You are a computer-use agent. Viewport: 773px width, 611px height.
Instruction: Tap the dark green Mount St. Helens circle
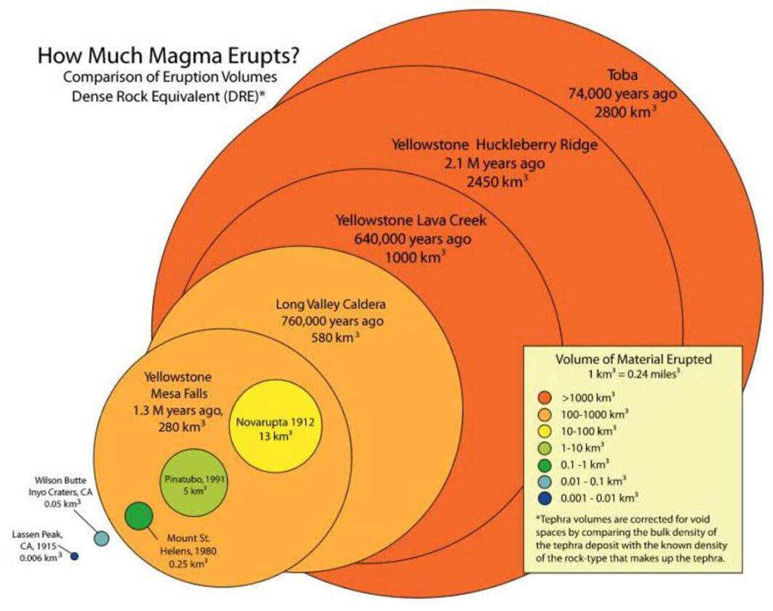[138, 516]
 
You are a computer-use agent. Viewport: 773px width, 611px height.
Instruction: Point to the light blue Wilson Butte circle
[101, 538]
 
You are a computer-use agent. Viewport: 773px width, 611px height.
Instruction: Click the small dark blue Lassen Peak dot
[73, 556]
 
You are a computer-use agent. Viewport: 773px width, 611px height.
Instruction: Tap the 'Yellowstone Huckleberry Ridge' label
[494, 145]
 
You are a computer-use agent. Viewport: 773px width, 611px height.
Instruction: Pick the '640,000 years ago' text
[412, 238]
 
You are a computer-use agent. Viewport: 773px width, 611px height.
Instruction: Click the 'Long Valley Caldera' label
[330, 304]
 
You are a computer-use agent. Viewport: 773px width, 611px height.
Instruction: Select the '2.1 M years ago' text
[494, 163]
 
